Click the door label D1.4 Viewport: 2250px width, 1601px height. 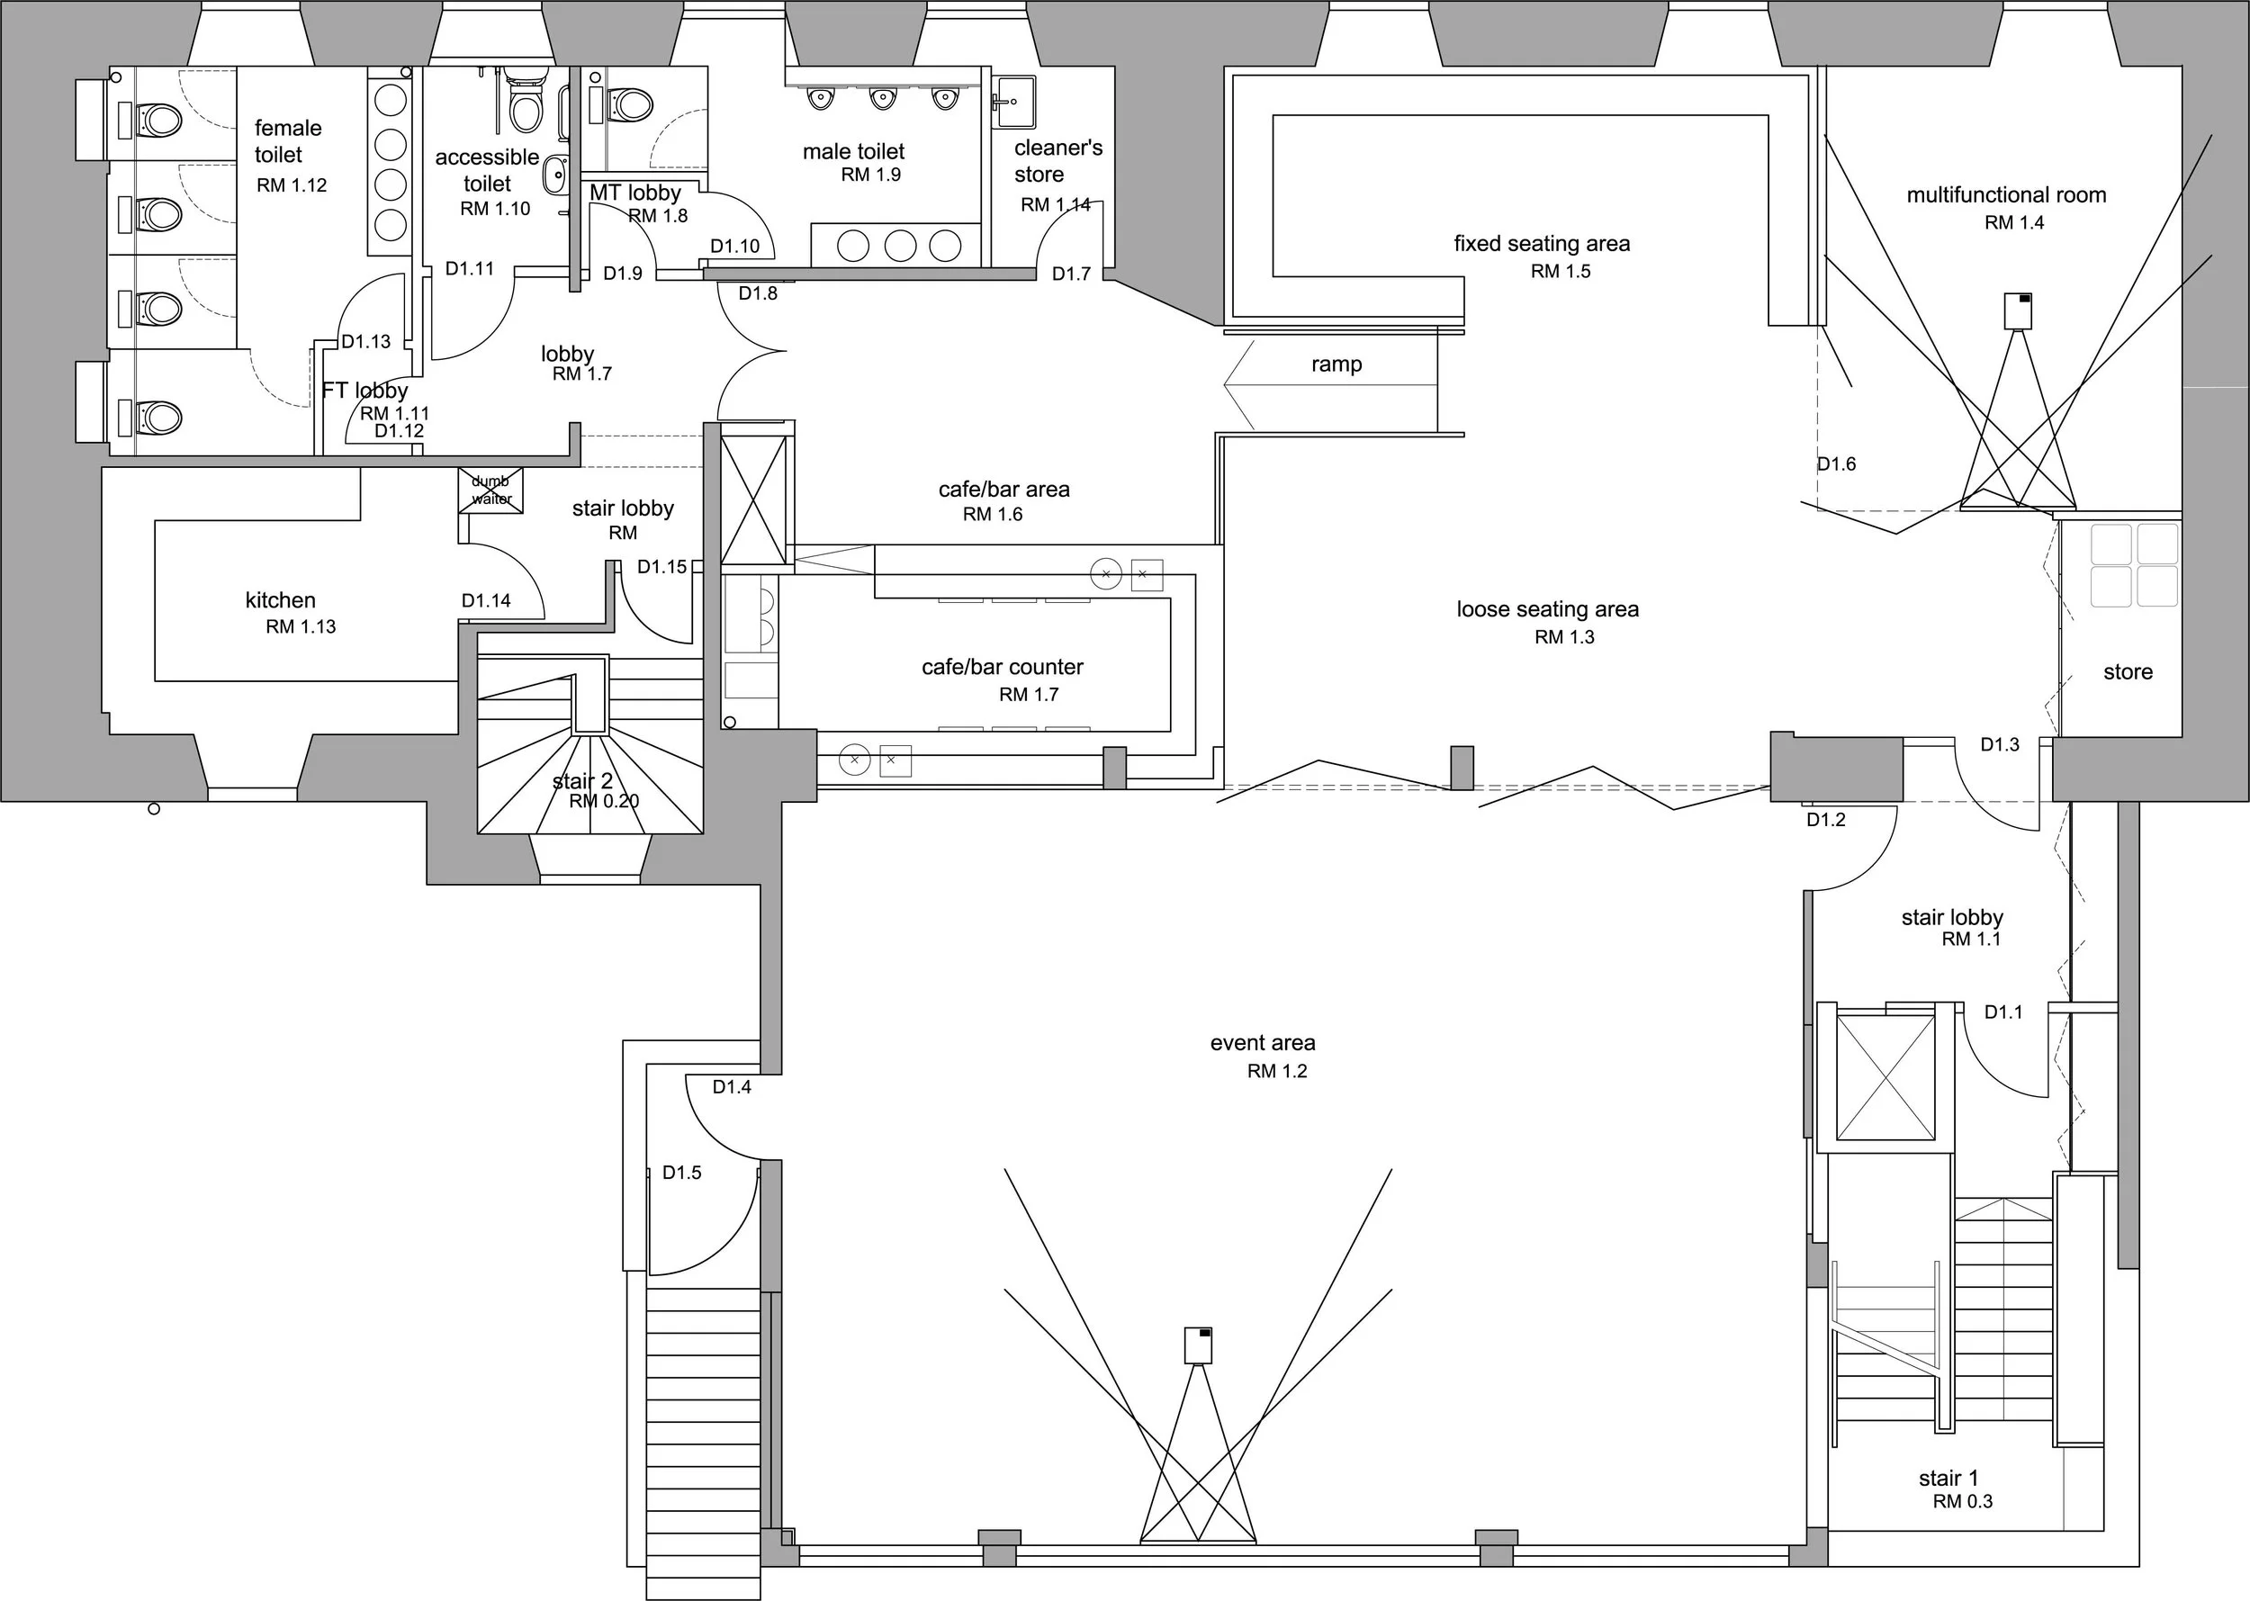(732, 1086)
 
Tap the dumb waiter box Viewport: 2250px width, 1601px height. (490, 490)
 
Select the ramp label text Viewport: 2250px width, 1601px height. (1336, 364)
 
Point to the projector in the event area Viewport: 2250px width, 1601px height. (1198, 1345)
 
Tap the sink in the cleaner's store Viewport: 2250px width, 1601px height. (1014, 103)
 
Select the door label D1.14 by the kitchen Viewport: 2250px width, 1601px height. (486, 600)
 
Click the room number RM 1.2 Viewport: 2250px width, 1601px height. (1277, 1071)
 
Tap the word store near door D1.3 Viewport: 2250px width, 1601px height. (2128, 671)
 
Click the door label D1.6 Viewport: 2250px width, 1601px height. (1836, 463)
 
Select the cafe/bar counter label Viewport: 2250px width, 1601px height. (1002, 668)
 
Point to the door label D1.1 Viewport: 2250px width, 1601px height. (2002, 1012)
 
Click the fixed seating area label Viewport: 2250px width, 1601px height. (1541, 244)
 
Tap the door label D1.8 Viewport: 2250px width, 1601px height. (757, 292)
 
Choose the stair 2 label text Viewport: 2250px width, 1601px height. (581, 782)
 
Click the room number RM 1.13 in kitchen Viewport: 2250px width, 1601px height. (301, 626)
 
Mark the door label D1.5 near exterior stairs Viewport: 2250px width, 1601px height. (681, 1172)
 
